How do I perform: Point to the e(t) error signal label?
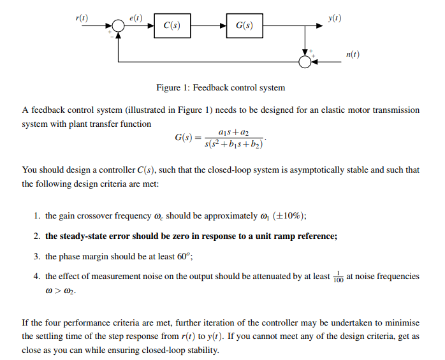[135, 18]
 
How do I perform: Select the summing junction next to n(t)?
[305, 61]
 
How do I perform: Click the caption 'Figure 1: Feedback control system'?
[221, 87]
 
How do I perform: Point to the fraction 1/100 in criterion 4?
[339, 276]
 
